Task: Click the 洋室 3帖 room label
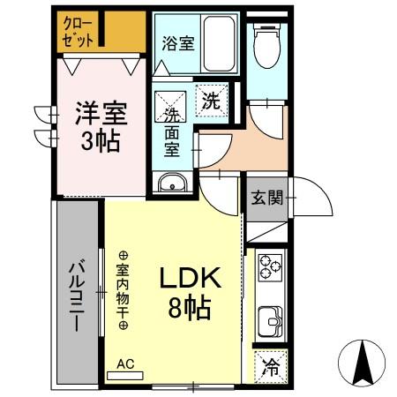pyautogui.click(x=100, y=125)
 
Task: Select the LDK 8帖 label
pyautogui.click(x=189, y=293)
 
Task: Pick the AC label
pyautogui.click(x=125, y=363)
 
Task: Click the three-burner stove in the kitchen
pyautogui.click(x=270, y=267)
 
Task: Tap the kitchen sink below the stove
pyautogui.click(x=269, y=318)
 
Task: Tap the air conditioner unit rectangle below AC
pyautogui.click(x=124, y=374)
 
